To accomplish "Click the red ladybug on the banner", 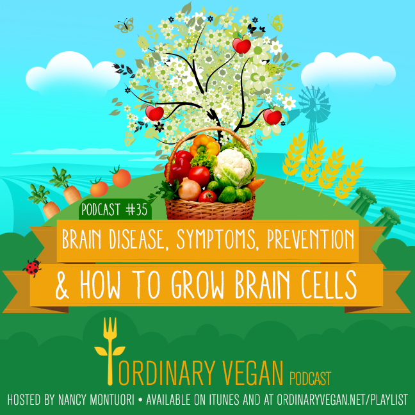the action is point(32,268).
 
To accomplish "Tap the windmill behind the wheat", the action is point(314,111).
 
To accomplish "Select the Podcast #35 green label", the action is point(115,209).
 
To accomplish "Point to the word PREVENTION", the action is point(311,239).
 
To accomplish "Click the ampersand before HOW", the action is point(62,288).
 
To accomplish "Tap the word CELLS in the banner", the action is point(329,286).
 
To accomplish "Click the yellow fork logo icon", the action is point(110,350).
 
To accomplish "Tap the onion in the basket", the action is point(190,189).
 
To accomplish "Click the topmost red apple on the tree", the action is point(241,45).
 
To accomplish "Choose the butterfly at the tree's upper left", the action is point(124,26).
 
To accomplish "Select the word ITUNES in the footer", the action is point(225,400).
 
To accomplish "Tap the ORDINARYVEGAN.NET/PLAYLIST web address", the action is point(342,400).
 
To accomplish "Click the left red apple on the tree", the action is point(154,112).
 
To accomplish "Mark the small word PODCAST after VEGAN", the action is point(310,378).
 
